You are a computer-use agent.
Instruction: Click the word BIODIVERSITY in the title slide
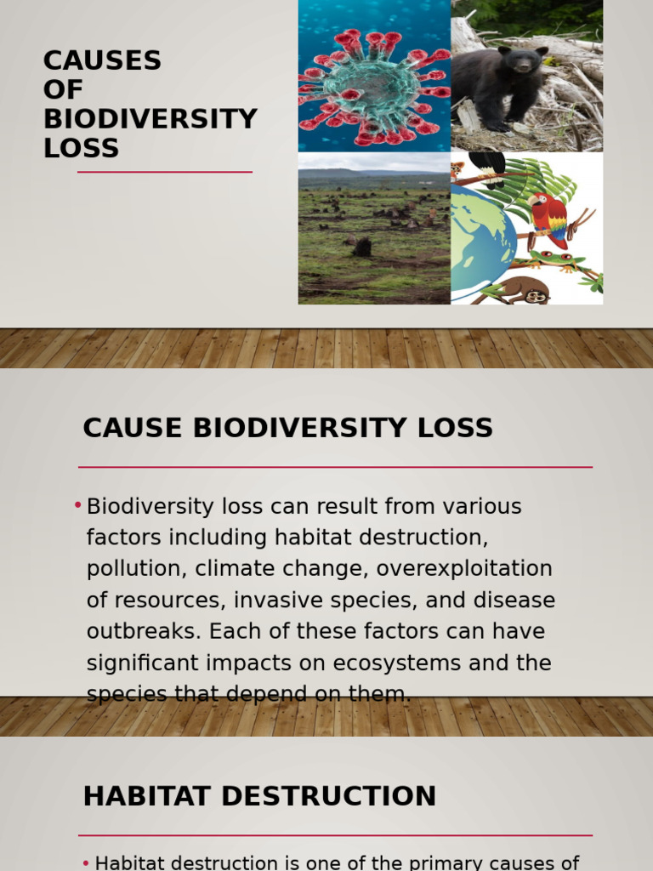pyautogui.click(x=150, y=119)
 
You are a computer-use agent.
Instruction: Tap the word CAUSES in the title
pyautogui.click(x=102, y=61)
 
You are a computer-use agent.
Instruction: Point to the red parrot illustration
pyautogui.click(x=548, y=217)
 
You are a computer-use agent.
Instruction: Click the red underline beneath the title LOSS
pyautogui.click(x=165, y=172)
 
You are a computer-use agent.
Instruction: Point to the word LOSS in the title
pyautogui.click(x=81, y=148)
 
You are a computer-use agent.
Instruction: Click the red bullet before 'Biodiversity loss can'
pyautogui.click(x=77, y=506)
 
